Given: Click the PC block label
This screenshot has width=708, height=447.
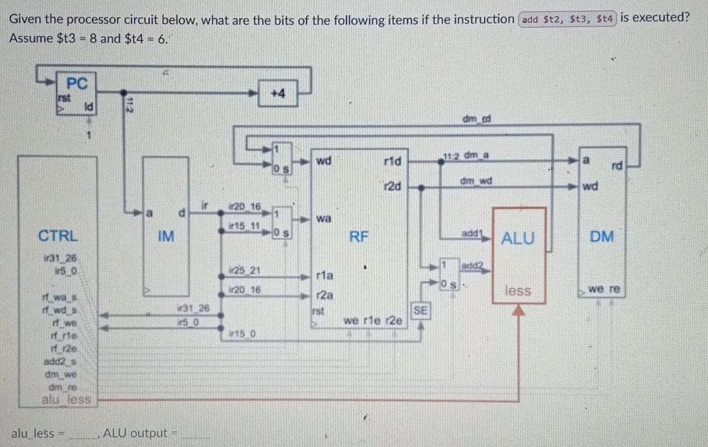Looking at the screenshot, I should pyautogui.click(x=76, y=83).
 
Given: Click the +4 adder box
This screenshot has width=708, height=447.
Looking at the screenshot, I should pyautogui.click(x=279, y=94).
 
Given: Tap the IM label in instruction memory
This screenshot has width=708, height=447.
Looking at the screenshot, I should pyautogui.click(x=166, y=235).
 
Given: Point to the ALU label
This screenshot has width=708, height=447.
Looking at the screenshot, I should pyautogui.click(x=518, y=238).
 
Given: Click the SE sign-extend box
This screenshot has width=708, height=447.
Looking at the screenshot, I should pyautogui.click(x=421, y=310).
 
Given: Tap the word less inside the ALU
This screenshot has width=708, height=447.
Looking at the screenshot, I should pyautogui.click(x=518, y=290).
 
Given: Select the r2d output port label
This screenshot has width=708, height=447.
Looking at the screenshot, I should pyautogui.click(x=393, y=186).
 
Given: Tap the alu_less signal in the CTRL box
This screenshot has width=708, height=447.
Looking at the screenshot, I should pyautogui.click(x=67, y=398).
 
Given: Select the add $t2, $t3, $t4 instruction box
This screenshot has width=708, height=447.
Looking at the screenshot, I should pyautogui.click(x=568, y=19).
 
